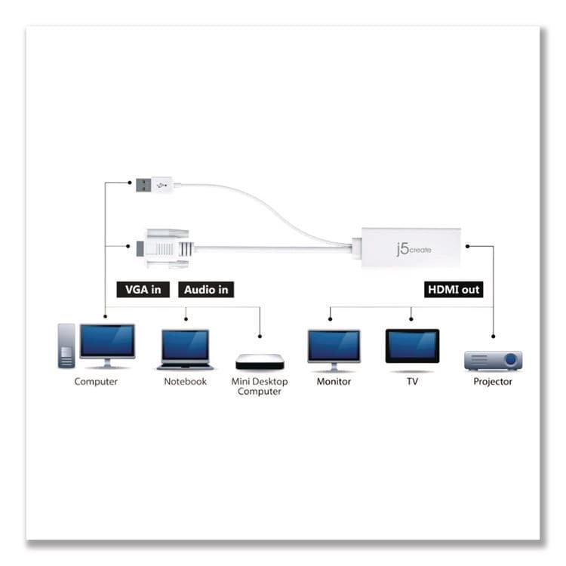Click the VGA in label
click(143, 289)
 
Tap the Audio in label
click(206, 289)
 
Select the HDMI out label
click(453, 289)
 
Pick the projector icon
click(493, 358)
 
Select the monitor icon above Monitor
click(334, 348)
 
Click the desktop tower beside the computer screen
click(66, 345)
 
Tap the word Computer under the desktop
click(96, 382)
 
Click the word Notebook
click(185, 382)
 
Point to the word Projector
click(493, 382)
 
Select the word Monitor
click(334, 382)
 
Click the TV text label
click(412, 382)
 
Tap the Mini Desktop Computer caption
click(260, 386)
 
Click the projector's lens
click(511, 359)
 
